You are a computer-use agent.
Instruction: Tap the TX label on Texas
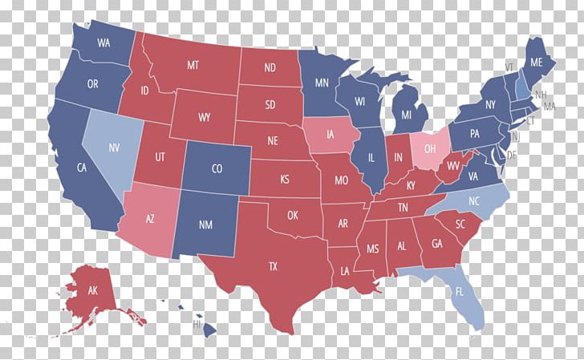(273, 266)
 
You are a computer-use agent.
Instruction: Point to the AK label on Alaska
(93, 290)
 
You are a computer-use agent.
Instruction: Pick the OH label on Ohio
(430, 148)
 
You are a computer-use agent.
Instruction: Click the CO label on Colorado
(216, 169)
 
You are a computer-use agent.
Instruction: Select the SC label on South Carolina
(460, 224)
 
